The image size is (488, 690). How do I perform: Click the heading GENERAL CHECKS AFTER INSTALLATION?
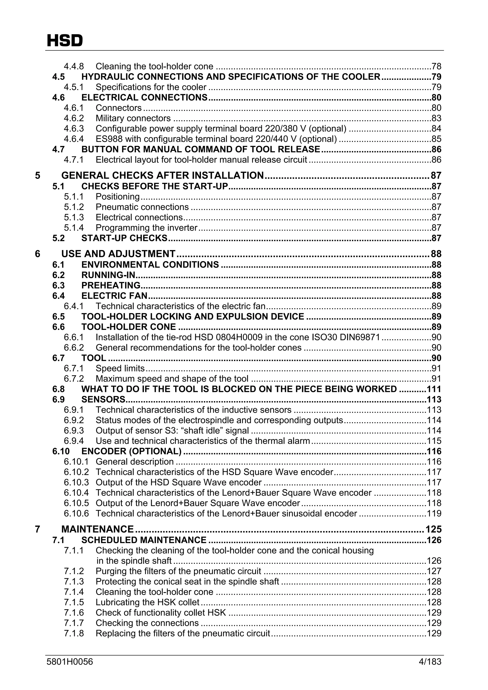pos(162,175)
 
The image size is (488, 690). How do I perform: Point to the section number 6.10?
pos(61,451)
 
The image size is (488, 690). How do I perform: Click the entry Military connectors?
pos(133,118)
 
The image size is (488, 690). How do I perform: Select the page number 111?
pos(434,389)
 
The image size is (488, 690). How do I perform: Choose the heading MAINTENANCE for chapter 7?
pos(97,529)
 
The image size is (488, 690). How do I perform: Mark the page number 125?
pos(433,529)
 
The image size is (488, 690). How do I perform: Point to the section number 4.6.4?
pos(74,139)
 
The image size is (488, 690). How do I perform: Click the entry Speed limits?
pos(120,368)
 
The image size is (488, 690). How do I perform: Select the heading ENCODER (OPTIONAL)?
pos(131,451)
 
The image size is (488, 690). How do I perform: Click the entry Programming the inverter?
pos(147,227)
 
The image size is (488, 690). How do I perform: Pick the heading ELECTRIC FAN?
pos(114,296)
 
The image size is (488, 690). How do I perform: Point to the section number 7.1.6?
pos(74,612)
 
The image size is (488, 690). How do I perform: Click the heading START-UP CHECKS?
pos(124,238)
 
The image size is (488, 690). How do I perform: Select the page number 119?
pos(434,513)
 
